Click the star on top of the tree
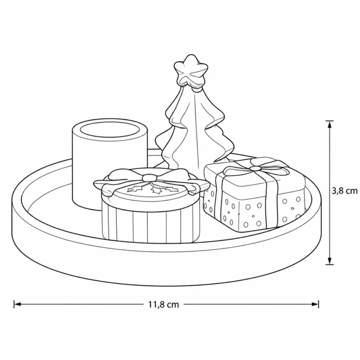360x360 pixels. tap(190, 71)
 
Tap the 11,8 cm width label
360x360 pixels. tap(163, 305)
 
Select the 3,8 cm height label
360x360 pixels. tap(345, 190)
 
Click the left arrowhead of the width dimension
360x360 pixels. tap(18, 304)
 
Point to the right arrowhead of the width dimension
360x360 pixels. tap(315, 304)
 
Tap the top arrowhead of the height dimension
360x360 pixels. tap(330, 125)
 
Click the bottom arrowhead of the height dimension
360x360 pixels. tap(330, 261)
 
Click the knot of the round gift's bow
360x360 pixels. tap(149, 177)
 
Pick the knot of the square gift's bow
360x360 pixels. tap(255, 168)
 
